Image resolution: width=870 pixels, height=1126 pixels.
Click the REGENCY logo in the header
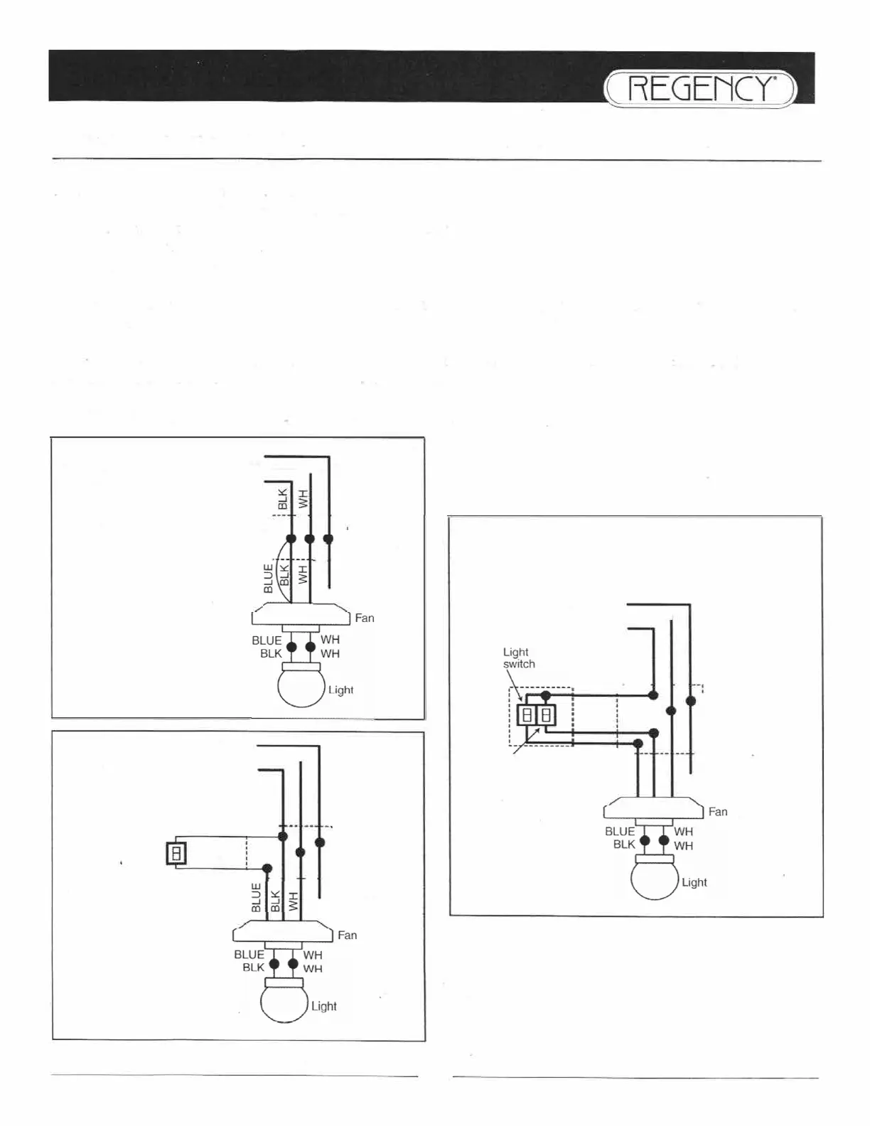click(701, 90)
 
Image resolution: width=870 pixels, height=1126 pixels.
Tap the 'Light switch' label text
click(518, 658)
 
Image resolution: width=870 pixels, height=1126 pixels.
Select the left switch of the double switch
click(527, 715)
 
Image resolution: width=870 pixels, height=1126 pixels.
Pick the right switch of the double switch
click(546, 715)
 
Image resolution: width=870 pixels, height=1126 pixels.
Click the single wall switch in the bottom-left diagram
click(176, 852)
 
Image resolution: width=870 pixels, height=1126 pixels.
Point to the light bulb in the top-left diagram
click(301, 687)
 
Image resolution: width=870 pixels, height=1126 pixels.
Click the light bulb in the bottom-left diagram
click(284, 1002)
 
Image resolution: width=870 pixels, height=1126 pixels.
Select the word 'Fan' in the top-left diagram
click(365, 618)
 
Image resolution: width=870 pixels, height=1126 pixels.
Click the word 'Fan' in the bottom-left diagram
click(348, 935)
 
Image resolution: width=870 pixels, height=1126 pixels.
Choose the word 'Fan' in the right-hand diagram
click(718, 812)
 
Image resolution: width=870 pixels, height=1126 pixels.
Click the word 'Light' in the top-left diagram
click(340, 690)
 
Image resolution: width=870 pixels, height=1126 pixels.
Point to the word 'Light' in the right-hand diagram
click(694, 883)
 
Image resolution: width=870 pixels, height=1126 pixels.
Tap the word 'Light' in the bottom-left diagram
click(323, 1007)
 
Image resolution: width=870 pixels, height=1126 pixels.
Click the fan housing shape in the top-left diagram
click(301, 614)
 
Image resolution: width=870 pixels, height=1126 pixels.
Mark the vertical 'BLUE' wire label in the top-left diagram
click(268, 579)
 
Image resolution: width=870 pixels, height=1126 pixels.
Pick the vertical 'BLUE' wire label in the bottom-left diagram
click(257, 897)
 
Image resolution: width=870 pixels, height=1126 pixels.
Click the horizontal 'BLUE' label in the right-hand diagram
click(620, 832)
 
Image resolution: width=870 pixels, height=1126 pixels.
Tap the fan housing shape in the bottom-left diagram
click(283, 931)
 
